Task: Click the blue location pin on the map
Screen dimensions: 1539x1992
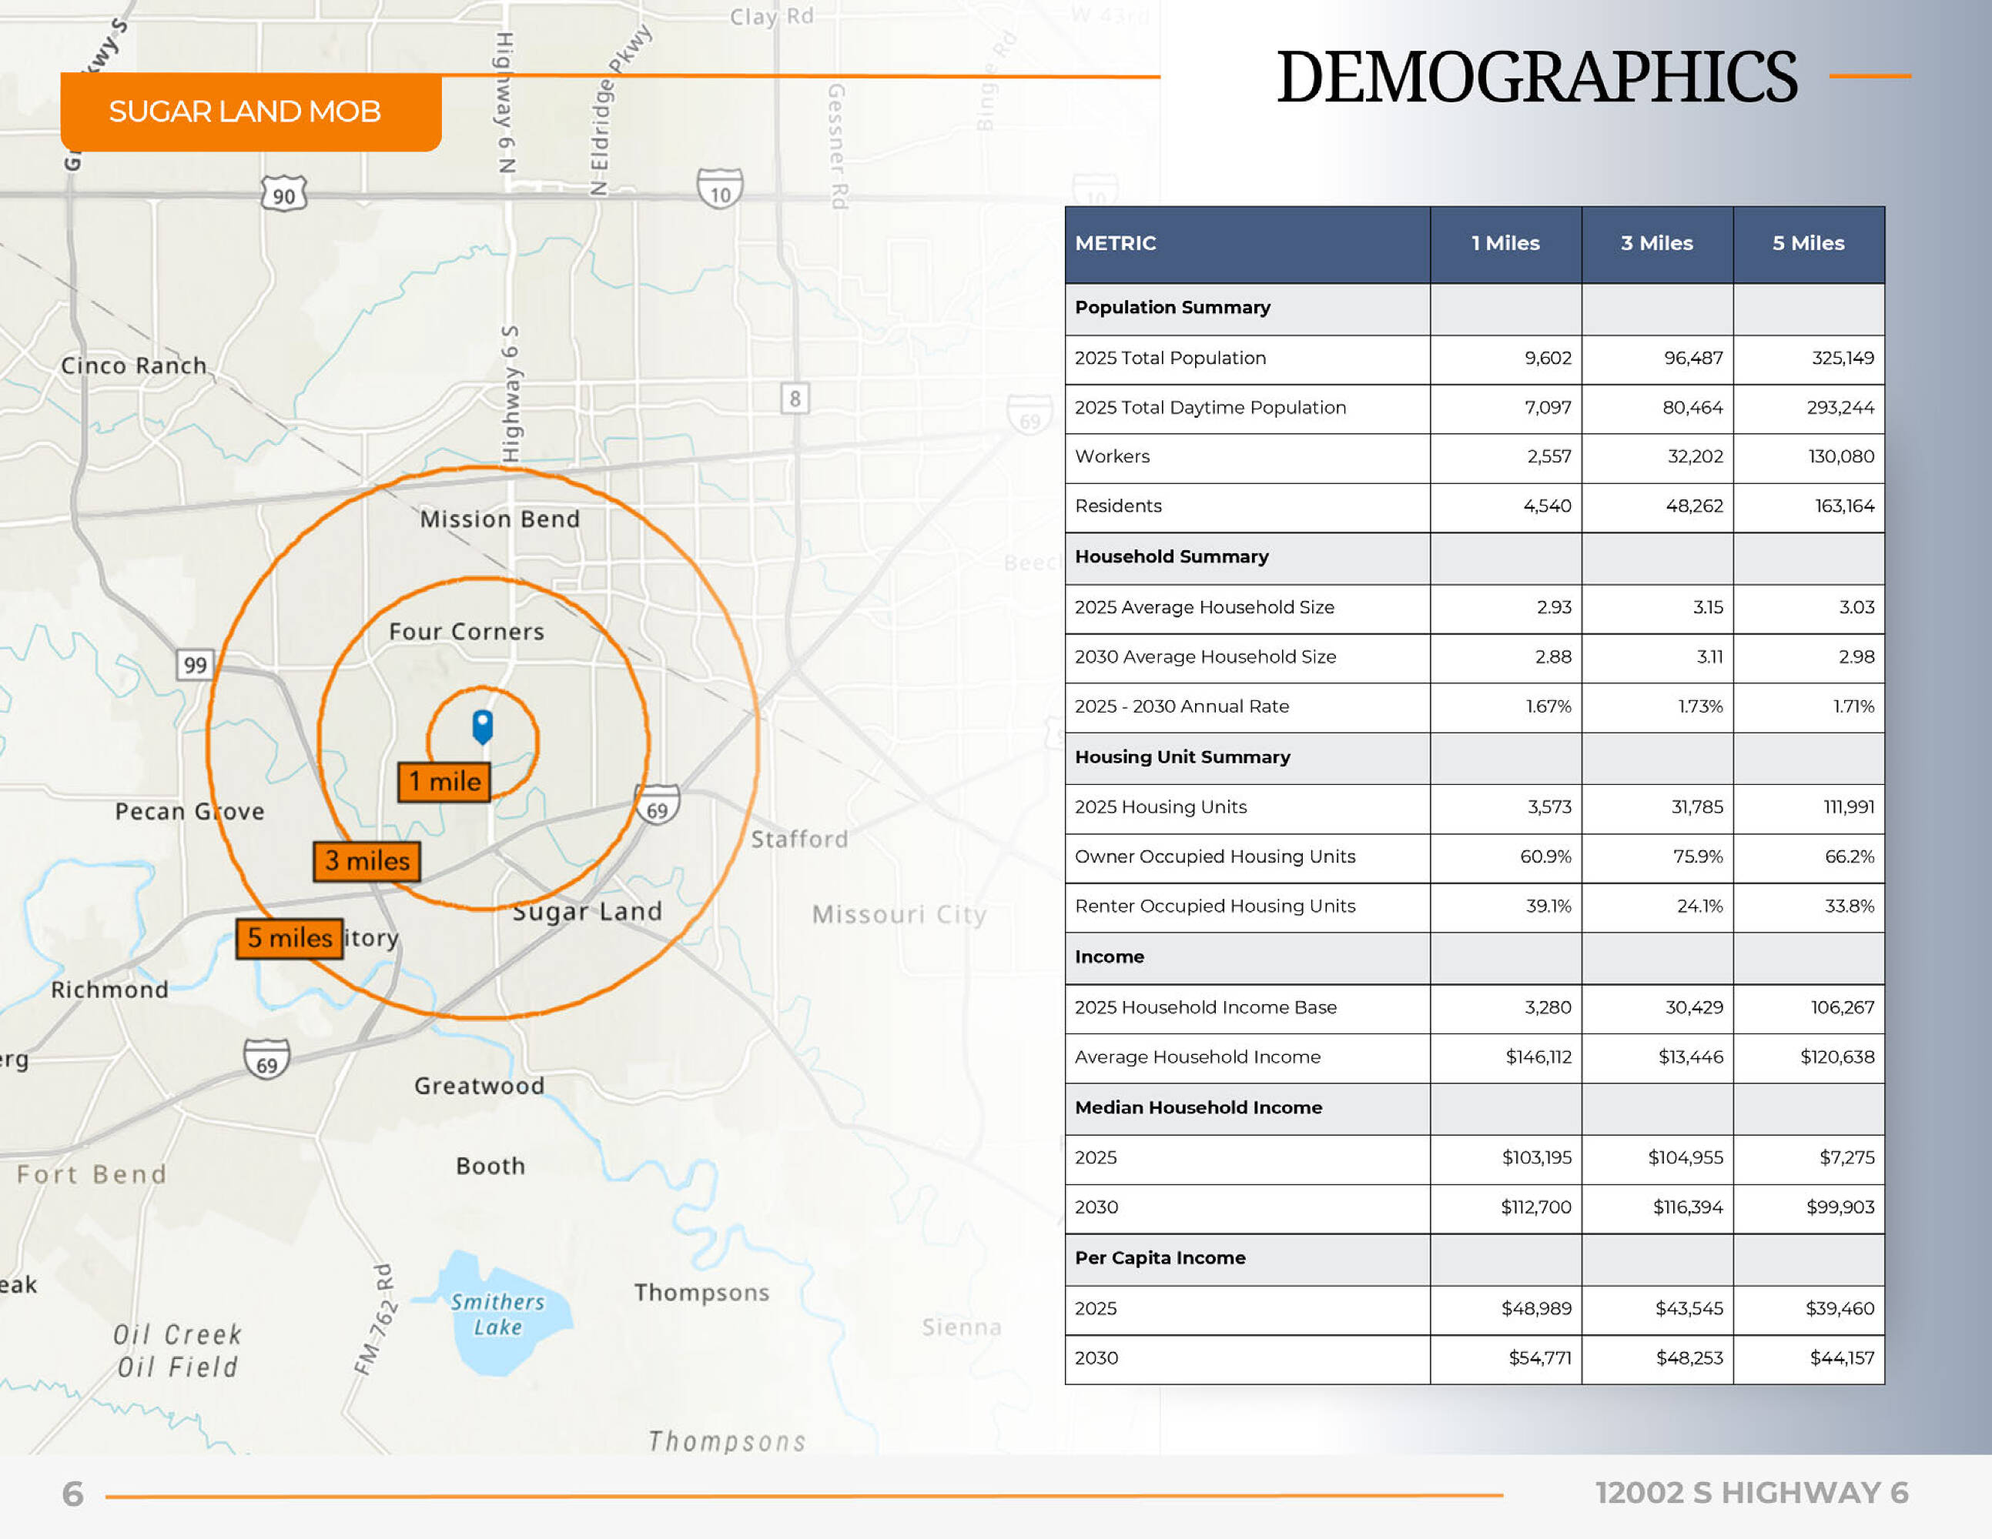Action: click(483, 726)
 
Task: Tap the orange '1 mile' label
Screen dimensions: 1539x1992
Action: click(444, 783)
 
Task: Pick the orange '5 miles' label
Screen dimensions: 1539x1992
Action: click(289, 938)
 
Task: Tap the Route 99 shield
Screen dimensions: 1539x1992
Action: click(194, 665)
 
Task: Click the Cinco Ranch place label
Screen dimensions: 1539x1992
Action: click(134, 366)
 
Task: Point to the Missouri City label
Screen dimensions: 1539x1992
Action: click(899, 914)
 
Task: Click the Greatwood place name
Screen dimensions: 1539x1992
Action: click(479, 1086)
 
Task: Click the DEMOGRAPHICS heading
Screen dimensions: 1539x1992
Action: click(1537, 78)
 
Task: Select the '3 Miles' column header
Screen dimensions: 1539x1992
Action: click(1656, 243)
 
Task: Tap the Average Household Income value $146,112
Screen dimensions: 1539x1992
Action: click(1538, 1057)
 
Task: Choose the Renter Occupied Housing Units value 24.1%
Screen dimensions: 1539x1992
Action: click(1699, 906)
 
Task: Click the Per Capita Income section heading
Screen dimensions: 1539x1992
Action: click(1160, 1258)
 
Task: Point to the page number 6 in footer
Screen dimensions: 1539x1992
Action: click(72, 1494)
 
